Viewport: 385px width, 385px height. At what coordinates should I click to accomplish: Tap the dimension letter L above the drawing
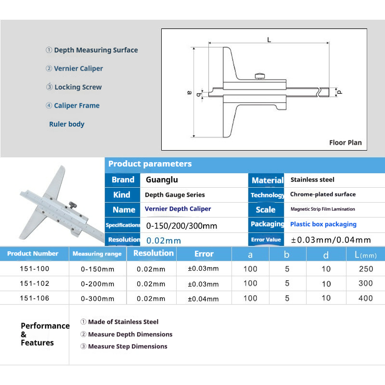coord(269,40)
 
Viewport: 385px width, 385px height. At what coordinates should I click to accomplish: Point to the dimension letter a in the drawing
coord(189,92)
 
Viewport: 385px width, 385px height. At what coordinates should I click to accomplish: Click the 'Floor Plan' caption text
coord(345,142)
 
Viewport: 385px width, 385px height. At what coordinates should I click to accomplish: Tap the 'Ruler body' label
coord(67,124)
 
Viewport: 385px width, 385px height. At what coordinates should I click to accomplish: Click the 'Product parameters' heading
coord(150,164)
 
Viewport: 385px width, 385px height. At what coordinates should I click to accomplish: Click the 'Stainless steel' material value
coord(312,180)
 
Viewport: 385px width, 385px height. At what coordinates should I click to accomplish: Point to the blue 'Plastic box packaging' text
coord(323,224)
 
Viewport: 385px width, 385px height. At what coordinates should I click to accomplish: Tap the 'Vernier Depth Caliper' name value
coord(178,209)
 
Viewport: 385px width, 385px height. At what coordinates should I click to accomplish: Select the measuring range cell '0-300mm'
coord(98,298)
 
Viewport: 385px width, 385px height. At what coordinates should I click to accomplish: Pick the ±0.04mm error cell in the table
coord(203,299)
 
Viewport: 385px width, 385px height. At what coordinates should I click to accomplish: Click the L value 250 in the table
coord(366,269)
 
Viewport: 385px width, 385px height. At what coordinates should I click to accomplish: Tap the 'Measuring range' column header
coord(97,254)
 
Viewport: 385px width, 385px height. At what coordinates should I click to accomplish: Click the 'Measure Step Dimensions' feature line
coord(128,346)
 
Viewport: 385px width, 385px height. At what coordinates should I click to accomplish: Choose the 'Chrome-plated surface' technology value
coord(322,195)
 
